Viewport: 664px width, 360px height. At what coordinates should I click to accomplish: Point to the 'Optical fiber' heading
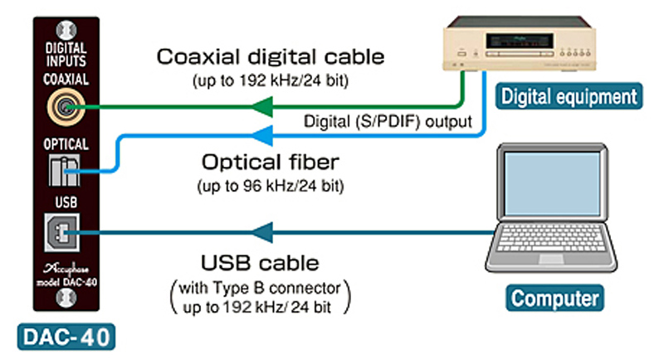point(271,160)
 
